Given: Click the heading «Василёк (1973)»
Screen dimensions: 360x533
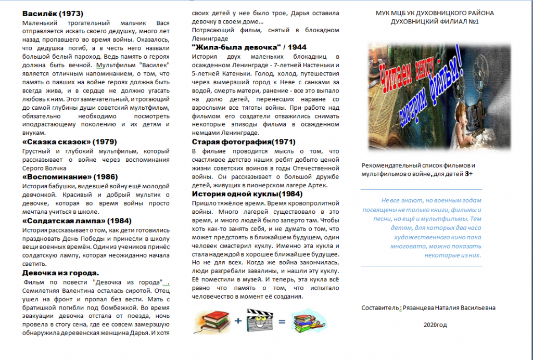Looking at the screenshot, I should point(53,14).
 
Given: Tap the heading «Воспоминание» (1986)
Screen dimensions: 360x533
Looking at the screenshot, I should point(70,177).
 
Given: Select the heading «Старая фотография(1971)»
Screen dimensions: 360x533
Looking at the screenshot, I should point(244,142).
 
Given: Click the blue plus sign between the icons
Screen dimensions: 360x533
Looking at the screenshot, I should point(238,321).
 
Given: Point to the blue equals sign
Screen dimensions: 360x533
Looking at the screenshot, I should point(282,321).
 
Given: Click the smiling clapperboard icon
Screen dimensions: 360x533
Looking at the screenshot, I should point(259,320).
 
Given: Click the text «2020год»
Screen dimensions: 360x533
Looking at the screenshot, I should point(435,325).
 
